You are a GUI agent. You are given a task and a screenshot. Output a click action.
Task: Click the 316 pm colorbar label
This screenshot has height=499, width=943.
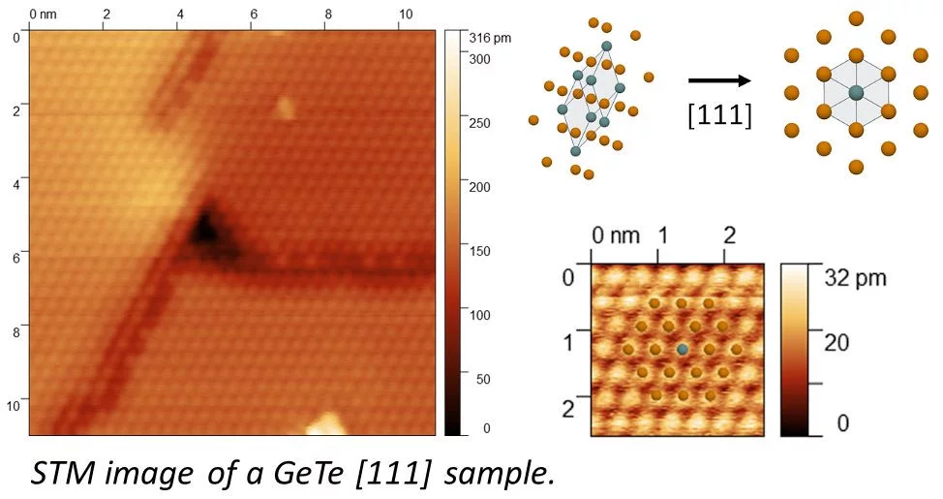pos(489,39)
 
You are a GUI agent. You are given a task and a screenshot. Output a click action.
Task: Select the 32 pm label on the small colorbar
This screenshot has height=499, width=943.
pos(855,277)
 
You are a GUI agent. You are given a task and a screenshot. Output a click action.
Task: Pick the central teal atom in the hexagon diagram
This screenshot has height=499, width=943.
pos(856,92)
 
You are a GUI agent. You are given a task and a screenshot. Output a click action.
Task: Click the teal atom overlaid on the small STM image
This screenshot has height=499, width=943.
pos(683,349)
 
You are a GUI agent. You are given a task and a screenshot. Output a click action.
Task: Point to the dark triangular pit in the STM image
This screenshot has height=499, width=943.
pos(205,230)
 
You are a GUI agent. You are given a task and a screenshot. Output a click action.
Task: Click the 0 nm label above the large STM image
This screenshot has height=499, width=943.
pos(45,16)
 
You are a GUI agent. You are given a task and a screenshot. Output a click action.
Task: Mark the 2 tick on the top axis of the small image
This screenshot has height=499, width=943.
pos(729,236)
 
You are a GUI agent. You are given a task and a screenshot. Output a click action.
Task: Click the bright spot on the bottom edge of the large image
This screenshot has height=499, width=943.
pos(326,424)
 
